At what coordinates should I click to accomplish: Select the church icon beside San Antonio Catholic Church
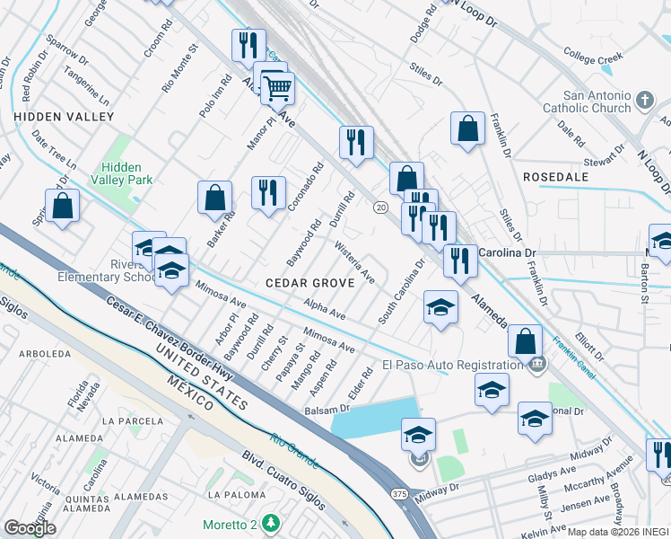[x=645, y=100]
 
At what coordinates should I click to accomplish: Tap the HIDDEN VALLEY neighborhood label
[x=64, y=117]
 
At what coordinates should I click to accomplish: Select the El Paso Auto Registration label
[x=453, y=364]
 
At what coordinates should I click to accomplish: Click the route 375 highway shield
[x=398, y=493]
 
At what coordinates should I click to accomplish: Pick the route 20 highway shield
[x=380, y=208]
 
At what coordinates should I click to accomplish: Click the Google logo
[x=30, y=527]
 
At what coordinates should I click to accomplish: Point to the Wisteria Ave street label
[x=354, y=261]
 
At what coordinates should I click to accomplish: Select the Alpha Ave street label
[x=325, y=310]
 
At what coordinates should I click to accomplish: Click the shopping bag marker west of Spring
[x=62, y=207]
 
